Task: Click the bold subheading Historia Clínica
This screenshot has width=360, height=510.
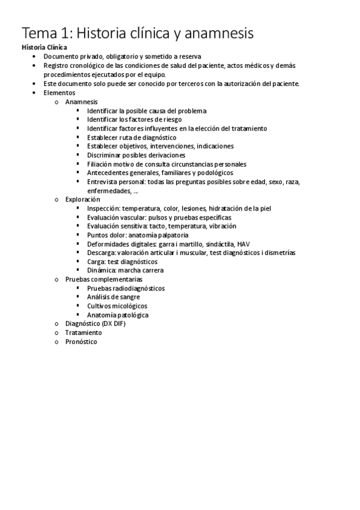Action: pyautogui.click(x=44, y=47)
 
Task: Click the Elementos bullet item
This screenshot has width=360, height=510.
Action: pyautogui.click(x=59, y=93)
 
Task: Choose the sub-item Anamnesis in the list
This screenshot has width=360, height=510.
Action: pyautogui.click(x=81, y=102)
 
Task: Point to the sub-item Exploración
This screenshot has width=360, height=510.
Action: pyautogui.click(x=82, y=200)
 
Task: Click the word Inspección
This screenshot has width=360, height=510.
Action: pyautogui.click(x=103, y=209)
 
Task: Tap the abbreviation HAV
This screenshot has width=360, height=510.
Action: pyautogui.click(x=243, y=244)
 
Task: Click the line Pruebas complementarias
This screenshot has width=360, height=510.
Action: pyautogui.click(x=104, y=280)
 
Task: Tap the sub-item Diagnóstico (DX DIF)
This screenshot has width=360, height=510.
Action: pyautogui.click(x=92, y=324)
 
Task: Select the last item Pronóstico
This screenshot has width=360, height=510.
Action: pyautogui.click(x=81, y=342)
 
